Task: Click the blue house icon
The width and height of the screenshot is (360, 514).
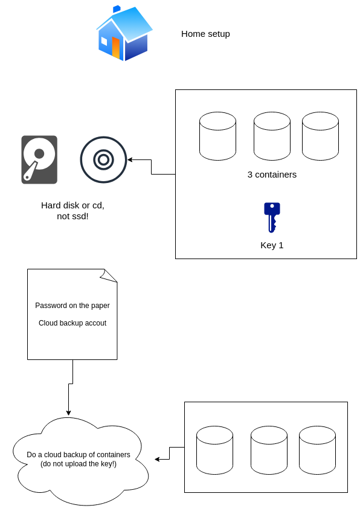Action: click(x=124, y=33)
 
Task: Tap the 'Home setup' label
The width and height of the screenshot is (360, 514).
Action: click(x=205, y=34)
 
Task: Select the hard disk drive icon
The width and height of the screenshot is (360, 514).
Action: click(x=39, y=159)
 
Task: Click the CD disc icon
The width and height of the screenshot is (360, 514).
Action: click(x=104, y=159)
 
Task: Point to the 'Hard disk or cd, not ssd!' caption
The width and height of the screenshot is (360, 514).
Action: click(x=72, y=211)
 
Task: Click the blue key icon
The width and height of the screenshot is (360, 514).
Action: click(x=272, y=217)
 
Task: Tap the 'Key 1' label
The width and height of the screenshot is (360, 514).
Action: click(x=272, y=245)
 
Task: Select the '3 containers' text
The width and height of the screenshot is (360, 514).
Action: click(x=272, y=175)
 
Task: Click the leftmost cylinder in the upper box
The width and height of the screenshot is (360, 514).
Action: click(x=217, y=136)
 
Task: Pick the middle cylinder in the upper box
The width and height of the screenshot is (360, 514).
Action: click(x=272, y=136)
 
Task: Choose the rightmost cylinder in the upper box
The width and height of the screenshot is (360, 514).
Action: click(x=320, y=136)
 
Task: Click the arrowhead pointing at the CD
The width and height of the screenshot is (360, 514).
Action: click(x=129, y=159)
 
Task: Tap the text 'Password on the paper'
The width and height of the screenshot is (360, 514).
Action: click(x=72, y=306)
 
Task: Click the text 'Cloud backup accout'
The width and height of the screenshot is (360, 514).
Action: click(x=72, y=323)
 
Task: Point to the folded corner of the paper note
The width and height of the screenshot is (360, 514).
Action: click(x=108, y=275)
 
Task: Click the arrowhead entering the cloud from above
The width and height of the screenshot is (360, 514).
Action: click(x=68, y=413)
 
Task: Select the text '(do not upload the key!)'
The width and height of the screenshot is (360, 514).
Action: click(x=79, y=464)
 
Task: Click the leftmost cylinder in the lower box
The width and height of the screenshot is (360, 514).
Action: click(x=215, y=450)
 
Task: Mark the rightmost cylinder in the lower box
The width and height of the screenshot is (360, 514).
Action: click(x=317, y=450)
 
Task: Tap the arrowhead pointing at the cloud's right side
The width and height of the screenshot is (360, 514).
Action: click(x=157, y=459)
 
